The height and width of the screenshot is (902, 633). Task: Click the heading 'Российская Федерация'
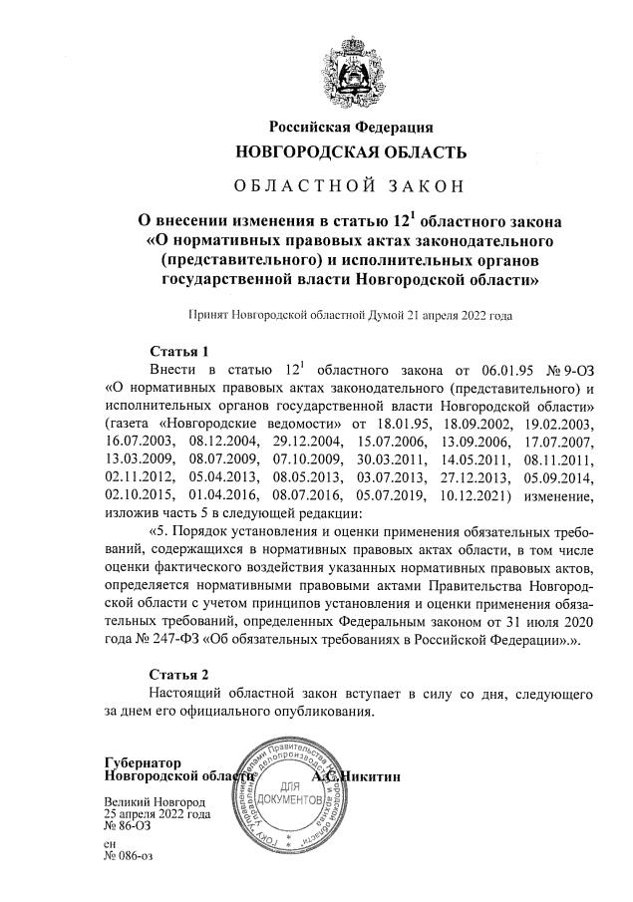coord(350,127)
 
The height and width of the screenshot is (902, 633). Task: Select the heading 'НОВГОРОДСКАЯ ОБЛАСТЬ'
coord(350,152)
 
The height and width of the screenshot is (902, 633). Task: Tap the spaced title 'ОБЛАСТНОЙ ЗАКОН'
coord(350,186)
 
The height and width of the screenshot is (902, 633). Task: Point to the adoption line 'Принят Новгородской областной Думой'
coord(350,315)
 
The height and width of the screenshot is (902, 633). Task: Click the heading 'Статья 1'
coord(178,352)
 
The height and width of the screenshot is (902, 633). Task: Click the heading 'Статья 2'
coord(178,674)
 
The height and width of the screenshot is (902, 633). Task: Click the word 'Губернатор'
coord(143,762)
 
